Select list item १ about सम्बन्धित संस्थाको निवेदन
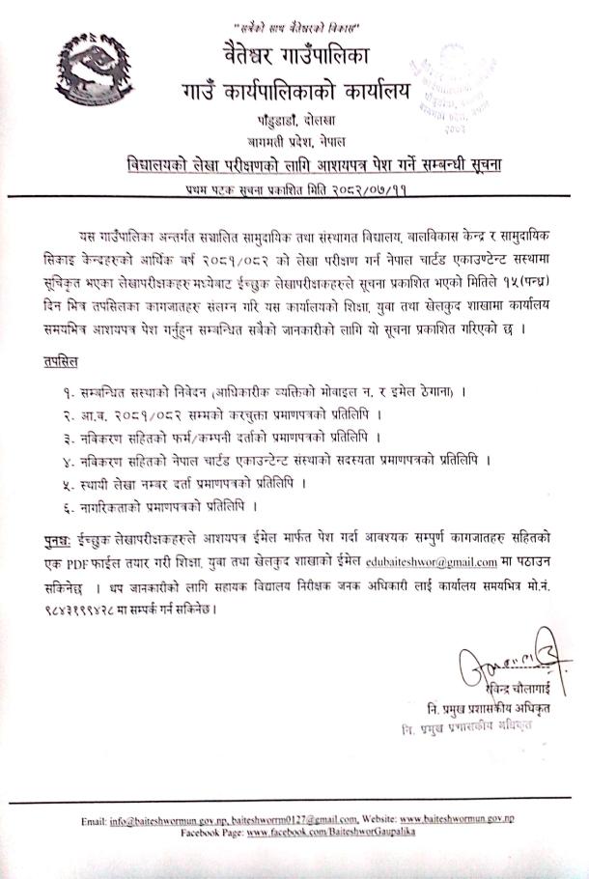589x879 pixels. tap(255, 392)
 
